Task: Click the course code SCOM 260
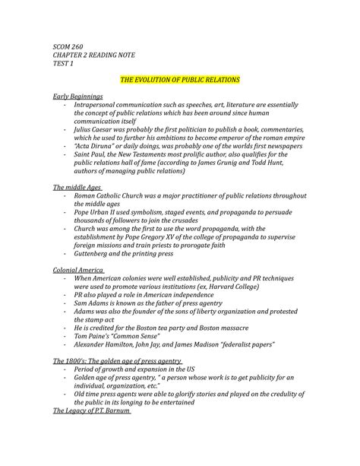click(x=67, y=48)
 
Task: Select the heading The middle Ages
click(x=77, y=186)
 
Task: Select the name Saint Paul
click(x=90, y=159)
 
